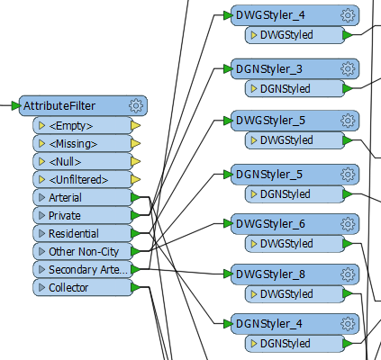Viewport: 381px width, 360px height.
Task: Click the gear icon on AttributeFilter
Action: pyautogui.click(x=136, y=105)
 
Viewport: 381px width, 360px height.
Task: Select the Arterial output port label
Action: pyautogui.click(x=65, y=198)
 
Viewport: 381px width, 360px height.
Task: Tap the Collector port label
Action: pyautogui.click(x=68, y=288)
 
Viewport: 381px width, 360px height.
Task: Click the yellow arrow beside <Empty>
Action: pyautogui.click(x=136, y=126)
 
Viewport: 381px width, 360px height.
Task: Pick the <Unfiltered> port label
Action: pyautogui.click(x=78, y=180)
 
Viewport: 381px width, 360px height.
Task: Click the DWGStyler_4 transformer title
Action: pyautogui.click(x=270, y=15)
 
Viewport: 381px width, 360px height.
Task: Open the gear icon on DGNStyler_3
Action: pyautogui.click(x=348, y=69)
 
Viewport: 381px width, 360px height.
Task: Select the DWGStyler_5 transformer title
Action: pyautogui.click(x=270, y=121)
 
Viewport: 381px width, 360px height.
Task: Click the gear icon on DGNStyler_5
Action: pyautogui.click(x=348, y=175)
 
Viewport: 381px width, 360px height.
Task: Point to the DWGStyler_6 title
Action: pyautogui.click(x=270, y=224)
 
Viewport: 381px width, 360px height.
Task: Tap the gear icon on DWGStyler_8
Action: pyautogui.click(x=348, y=274)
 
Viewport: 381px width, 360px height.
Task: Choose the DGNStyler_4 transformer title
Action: pyautogui.click(x=269, y=324)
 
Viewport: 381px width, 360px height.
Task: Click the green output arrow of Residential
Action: pyautogui.click(x=136, y=233)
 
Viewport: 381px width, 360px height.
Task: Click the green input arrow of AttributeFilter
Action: pyautogui.click(x=16, y=105)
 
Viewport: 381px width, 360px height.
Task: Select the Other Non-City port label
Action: pyautogui.click(x=84, y=252)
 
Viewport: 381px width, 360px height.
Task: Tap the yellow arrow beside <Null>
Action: pyautogui.click(x=136, y=162)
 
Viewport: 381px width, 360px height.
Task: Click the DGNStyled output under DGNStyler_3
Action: pyautogui.click(x=285, y=89)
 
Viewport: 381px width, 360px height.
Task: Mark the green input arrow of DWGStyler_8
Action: pyautogui.click(x=228, y=274)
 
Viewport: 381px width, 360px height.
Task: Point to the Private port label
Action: pyautogui.click(x=65, y=216)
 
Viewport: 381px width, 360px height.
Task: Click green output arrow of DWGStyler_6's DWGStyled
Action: pyautogui.click(x=348, y=244)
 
